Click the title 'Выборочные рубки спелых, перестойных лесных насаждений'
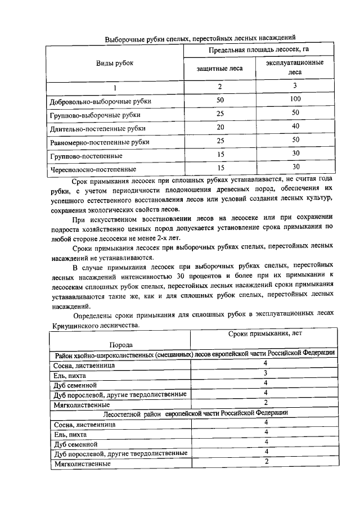(x=201, y=39)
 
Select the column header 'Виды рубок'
(x=115, y=63)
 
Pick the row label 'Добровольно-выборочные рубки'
(x=101, y=102)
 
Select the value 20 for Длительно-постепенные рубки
(x=220, y=127)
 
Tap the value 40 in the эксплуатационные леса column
(x=295, y=127)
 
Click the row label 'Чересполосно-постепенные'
(x=93, y=168)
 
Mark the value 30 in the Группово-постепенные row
(x=295, y=154)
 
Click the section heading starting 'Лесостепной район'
(x=195, y=413)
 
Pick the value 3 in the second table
(x=264, y=373)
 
